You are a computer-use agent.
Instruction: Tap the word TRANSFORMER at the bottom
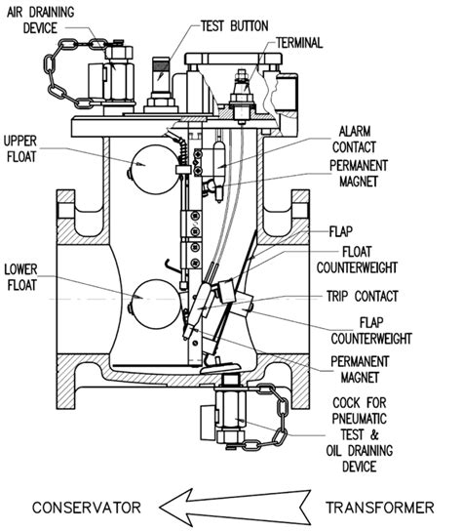pos(384,507)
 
